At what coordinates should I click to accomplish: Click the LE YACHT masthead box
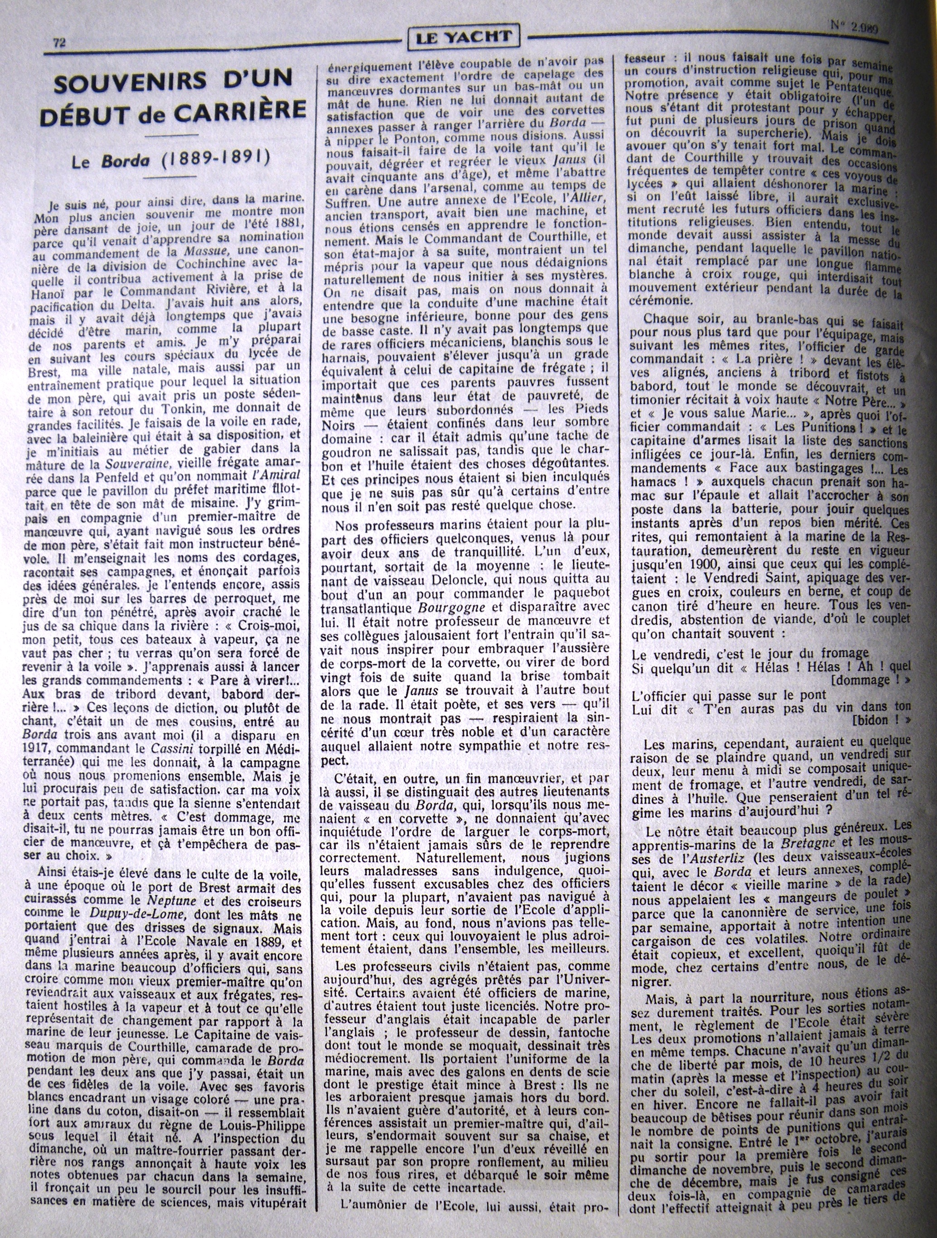tap(464, 38)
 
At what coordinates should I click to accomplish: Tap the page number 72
tap(59, 43)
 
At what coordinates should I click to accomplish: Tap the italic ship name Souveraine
tap(138, 464)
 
